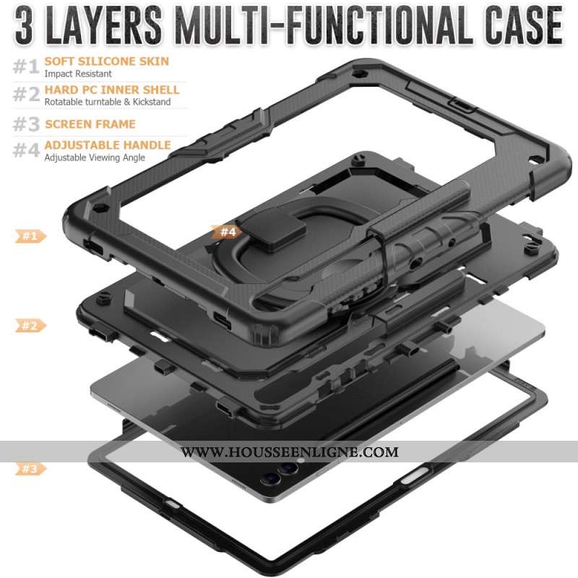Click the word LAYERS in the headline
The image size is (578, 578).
click(x=103, y=25)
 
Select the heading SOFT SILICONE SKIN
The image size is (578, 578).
click(x=106, y=61)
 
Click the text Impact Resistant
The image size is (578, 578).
click(x=78, y=74)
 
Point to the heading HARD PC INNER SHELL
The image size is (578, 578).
click(x=112, y=90)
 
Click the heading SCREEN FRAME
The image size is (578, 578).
click(x=90, y=124)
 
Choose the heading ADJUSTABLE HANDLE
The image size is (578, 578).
click(x=108, y=145)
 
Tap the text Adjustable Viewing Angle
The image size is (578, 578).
click(x=95, y=158)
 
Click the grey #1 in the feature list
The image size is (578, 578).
click(x=26, y=66)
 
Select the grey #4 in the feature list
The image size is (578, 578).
click(x=26, y=150)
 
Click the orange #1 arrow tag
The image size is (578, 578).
click(x=30, y=236)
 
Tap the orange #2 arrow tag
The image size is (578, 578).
click(x=30, y=326)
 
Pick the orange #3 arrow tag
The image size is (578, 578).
click(x=30, y=469)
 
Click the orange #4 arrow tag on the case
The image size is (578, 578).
click(x=227, y=232)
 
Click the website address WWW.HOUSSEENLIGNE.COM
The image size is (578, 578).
click(x=290, y=452)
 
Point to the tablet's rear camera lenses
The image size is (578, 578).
click(x=279, y=474)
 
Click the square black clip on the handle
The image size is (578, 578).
click(x=271, y=229)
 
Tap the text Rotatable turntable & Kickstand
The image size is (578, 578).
click(x=107, y=102)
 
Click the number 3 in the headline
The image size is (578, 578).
click(x=25, y=25)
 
